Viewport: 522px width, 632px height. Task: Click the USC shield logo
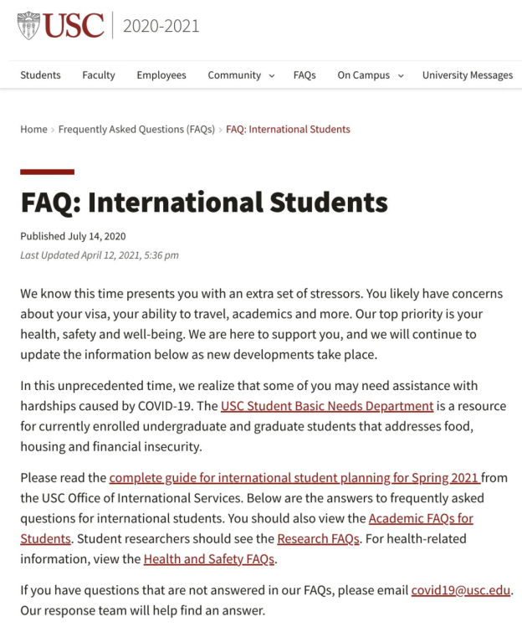point(28,25)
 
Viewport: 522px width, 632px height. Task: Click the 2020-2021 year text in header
point(161,26)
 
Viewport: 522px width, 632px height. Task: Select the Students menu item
point(40,75)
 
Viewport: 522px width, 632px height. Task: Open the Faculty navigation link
point(99,75)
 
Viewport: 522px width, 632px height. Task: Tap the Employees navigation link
point(161,75)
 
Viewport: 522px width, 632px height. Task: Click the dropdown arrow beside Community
point(272,76)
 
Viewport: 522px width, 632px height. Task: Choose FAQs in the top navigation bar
point(304,75)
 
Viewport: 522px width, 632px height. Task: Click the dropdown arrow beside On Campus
point(401,76)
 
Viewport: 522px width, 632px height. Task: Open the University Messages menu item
point(467,75)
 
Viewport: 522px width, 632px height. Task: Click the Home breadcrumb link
point(33,130)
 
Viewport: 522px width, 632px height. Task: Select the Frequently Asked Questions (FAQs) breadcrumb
point(136,130)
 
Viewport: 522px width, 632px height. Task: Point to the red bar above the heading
point(47,172)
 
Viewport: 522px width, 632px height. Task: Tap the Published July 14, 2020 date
point(73,237)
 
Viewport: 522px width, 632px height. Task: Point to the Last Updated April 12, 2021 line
point(99,255)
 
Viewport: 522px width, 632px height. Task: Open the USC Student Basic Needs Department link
point(327,407)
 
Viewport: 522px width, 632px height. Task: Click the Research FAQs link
point(319,538)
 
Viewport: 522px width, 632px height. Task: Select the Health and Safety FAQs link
point(209,558)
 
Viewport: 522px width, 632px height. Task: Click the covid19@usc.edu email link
point(460,590)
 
